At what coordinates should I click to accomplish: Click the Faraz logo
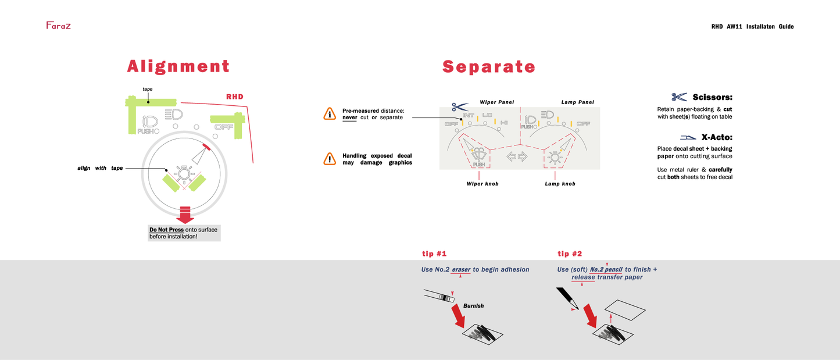point(59,26)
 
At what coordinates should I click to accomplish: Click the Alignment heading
point(178,66)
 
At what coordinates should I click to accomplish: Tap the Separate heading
point(489,67)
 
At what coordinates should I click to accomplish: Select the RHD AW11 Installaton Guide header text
point(752,27)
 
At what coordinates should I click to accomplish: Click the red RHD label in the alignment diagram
point(235,97)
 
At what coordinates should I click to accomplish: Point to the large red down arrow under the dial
point(185,215)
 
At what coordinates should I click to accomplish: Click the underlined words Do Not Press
point(166,230)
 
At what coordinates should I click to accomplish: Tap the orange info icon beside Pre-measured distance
point(330,113)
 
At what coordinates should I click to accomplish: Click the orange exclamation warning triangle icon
point(330,159)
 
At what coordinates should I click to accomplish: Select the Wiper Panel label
point(497,102)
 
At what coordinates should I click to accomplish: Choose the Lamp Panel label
point(577,102)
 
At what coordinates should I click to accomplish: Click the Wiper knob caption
point(482,184)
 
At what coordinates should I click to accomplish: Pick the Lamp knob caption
point(560,184)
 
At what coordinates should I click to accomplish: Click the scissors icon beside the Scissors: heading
point(680,97)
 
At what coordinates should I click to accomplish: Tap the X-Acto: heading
point(717,137)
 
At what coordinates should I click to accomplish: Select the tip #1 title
point(434,254)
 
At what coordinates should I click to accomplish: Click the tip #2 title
point(570,254)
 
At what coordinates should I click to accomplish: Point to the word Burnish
point(473,306)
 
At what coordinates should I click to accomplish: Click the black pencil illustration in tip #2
point(567,298)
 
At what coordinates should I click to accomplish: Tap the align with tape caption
point(100,168)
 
